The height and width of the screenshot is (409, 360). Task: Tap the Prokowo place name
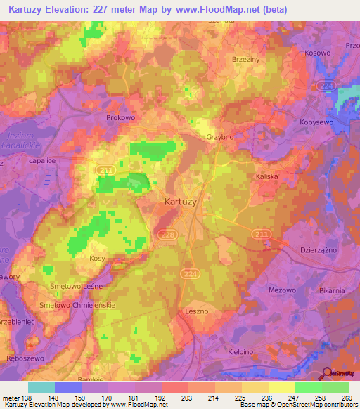120,119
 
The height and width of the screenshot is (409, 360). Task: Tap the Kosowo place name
317,53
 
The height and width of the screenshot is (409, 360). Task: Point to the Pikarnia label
330,290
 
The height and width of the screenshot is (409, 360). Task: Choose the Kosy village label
98,259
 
